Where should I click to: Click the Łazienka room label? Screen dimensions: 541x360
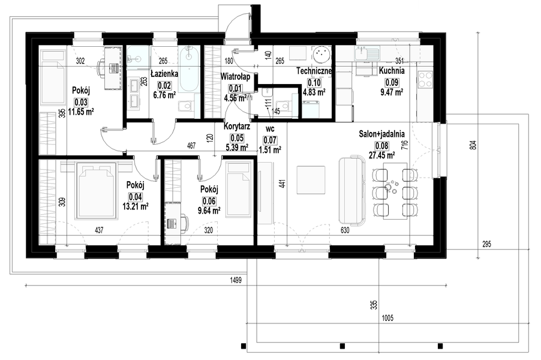pyautogui.click(x=164, y=74)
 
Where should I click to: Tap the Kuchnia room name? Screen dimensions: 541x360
pyautogui.click(x=392, y=71)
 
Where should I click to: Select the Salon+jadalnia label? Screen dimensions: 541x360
pyautogui.click(x=382, y=134)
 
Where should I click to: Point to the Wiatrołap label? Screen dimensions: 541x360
pyautogui.click(x=235, y=76)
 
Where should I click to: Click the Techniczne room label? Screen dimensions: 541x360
pyautogui.click(x=314, y=71)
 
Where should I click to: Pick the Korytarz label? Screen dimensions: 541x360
pyautogui.click(x=237, y=127)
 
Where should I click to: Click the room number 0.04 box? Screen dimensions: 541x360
pyautogui.click(x=136, y=197)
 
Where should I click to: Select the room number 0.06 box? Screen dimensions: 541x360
pyautogui.click(x=209, y=201)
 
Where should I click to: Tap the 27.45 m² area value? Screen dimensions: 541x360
pyautogui.click(x=382, y=155)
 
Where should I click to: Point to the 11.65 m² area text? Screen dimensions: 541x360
pyautogui.click(x=81, y=112)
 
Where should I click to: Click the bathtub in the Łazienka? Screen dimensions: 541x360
pyautogui.click(x=189, y=69)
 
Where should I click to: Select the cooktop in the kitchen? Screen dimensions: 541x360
pyautogui.click(x=425, y=80)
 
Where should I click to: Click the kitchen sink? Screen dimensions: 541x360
pyautogui.click(x=366, y=54)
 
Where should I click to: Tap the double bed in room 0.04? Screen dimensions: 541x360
pyautogui.click(x=97, y=190)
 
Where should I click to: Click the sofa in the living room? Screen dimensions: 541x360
pyautogui.click(x=352, y=190)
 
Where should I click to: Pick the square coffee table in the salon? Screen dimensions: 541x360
pyautogui.click(x=311, y=180)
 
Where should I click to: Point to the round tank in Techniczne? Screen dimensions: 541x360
pyautogui.click(x=321, y=55)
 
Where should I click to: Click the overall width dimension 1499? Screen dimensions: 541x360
pyautogui.click(x=236, y=280)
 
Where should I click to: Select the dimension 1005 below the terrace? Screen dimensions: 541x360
pyautogui.click(x=388, y=318)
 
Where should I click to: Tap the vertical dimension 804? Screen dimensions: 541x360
pyautogui.click(x=473, y=144)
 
